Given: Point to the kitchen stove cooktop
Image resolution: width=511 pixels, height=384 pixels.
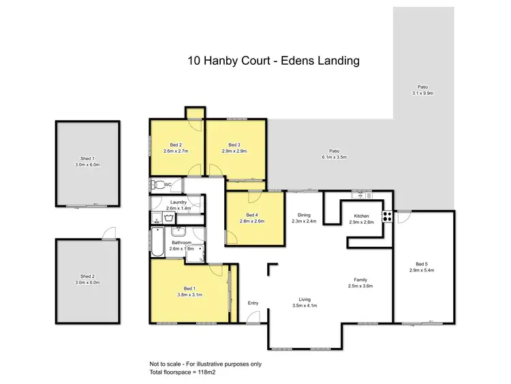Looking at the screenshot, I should coord(387,218).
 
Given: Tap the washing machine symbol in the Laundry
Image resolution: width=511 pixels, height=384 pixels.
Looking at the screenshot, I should coord(168,218).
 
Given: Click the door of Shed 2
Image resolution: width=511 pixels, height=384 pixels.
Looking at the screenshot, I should coord(106,234).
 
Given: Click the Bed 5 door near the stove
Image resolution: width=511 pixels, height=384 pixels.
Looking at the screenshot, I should coord(402,217).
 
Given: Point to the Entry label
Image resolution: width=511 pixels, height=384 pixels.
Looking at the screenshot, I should coord(253,303).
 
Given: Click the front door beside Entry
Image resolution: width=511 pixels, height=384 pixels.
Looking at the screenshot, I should coord(253,316).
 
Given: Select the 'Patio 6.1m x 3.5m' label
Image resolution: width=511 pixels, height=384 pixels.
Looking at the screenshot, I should coord(333,153).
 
